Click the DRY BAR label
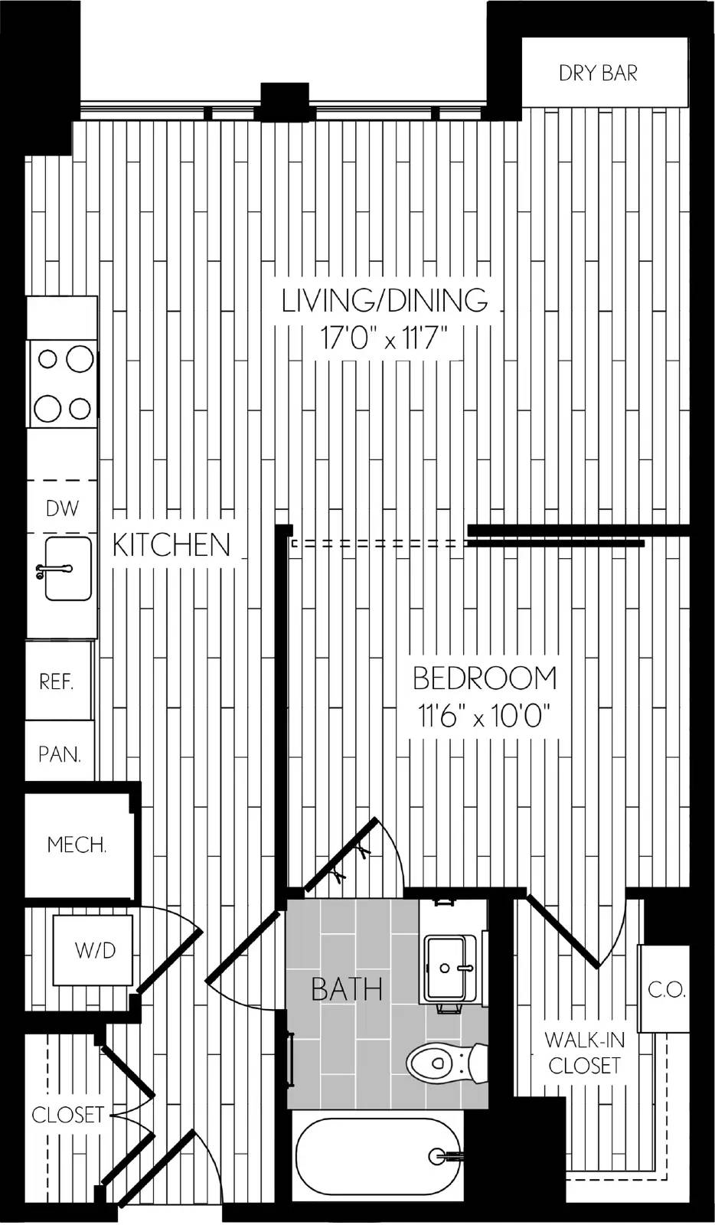[x=598, y=73]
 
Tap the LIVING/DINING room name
[x=385, y=300]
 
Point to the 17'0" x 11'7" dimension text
[x=384, y=338]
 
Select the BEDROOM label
[x=485, y=678]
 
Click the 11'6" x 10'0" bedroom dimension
[x=484, y=715]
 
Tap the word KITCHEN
[x=171, y=544]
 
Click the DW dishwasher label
[x=62, y=508]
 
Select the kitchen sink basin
[x=68, y=569]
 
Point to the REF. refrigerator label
[x=57, y=681]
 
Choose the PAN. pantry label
[x=60, y=755]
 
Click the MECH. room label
[x=77, y=845]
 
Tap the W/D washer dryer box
[x=93, y=950]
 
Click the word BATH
[x=347, y=989]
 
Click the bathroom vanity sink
[x=446, y=968]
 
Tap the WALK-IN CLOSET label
[x=584, y=1052]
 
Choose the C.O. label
[x=666, y=989]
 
